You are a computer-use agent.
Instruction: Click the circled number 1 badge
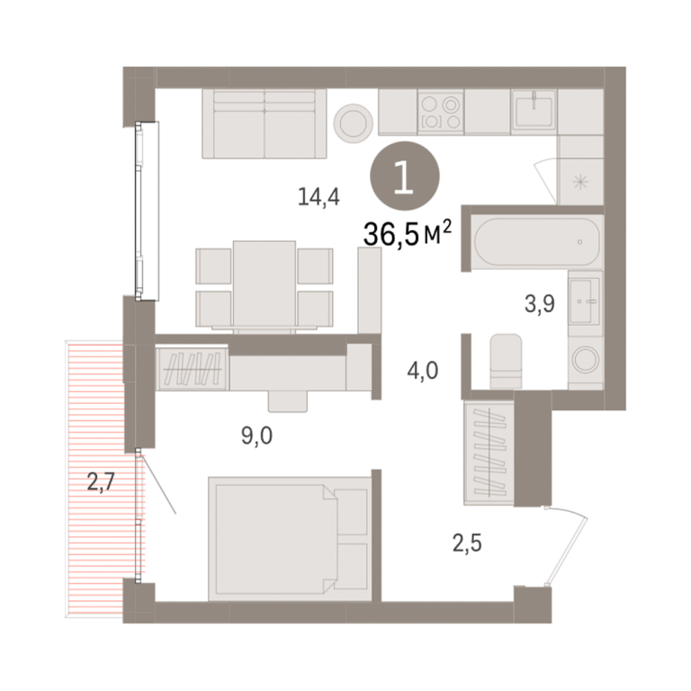click(x=405, y=175)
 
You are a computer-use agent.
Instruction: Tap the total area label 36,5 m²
click(x=408, y=234)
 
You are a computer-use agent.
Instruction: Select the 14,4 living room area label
click(x=319, y=196)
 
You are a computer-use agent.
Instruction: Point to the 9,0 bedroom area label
click(x=257, y=435)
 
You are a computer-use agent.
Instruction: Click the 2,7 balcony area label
click(x=101, y=481)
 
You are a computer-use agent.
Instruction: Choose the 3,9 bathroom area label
click(x=540, y=303)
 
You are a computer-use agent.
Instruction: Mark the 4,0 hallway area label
click(x=423, y=371)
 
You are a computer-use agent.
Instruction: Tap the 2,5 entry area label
click(x=467, y=543)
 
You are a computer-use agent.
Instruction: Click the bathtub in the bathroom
click(x=537, y=242)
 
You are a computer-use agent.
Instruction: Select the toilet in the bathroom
click(x=506, y=361)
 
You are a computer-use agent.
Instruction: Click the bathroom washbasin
click(x=584, y=301)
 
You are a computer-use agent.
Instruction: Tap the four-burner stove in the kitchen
click(x=440, y=112)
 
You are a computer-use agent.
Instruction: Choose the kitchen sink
click(x=534, y=112)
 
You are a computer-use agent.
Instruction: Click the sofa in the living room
click(x=265, y=123)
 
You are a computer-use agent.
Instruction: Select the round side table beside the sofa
click(x=353, y=123)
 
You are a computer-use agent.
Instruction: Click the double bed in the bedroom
click(x=290, y=539)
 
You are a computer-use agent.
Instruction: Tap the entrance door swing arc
click(x=569, y=546)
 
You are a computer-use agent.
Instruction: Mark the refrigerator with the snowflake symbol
click(x=580, y=181)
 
